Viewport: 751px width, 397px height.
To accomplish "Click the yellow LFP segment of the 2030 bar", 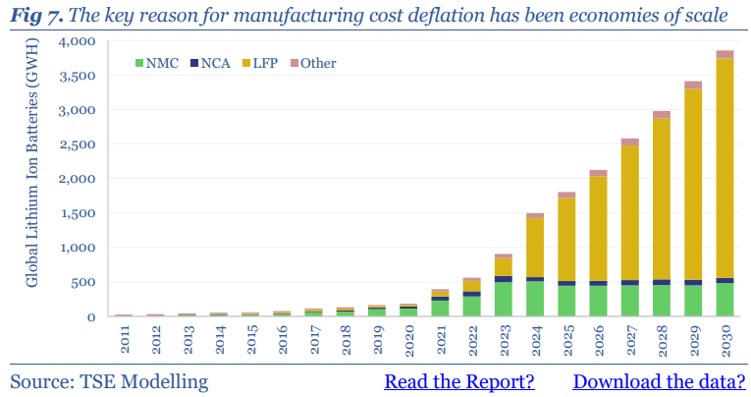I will point(724,167).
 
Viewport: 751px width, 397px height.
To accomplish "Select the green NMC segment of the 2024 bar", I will point(535,299).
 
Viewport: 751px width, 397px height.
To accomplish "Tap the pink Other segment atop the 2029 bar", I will point(693,85).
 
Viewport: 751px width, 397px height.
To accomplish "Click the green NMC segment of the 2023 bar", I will point(503,299).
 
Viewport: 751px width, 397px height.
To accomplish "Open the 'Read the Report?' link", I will point(458,381).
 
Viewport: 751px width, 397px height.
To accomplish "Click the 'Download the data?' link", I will point(658,381).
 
